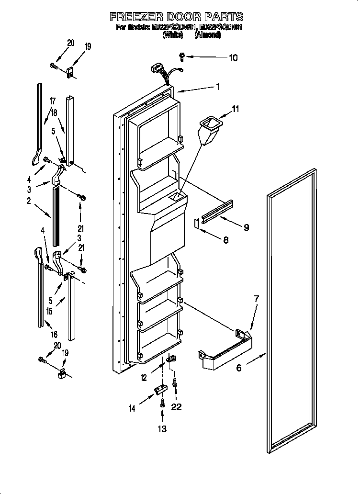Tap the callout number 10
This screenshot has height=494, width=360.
(232, 58)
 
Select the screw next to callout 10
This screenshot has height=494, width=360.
(182, 56)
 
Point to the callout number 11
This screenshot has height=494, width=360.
(236, 110)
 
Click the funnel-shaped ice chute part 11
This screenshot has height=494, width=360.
(210, 129)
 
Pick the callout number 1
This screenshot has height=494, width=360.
(218, 87)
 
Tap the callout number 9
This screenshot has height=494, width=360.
(246, 227)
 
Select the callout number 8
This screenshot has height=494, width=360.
(225, 240)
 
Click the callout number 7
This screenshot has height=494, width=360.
(256, 299)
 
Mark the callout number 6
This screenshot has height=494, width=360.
(238, 368)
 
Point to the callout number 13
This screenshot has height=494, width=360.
(163, 429)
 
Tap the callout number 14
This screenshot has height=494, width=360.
(132, 408)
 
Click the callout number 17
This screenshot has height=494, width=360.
(53, 101)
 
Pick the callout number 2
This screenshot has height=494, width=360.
(29, 202)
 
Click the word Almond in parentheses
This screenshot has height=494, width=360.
(207, 35)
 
